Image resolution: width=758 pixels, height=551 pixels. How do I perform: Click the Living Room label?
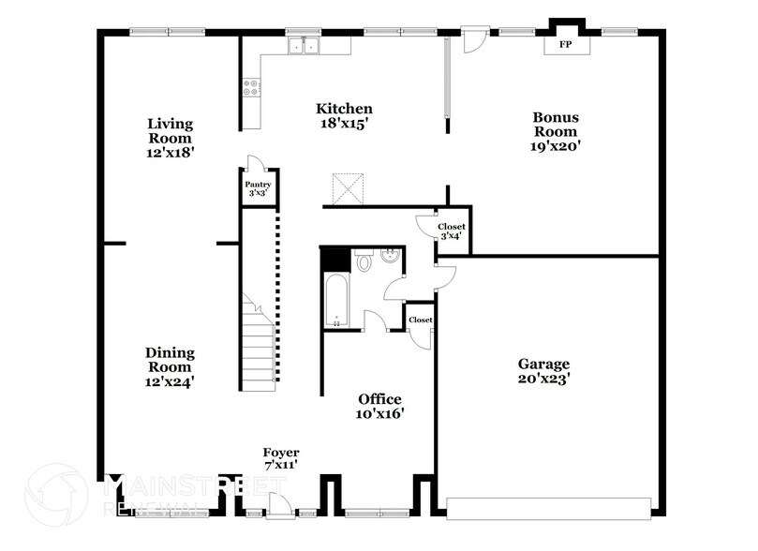pyautogui.click(x=170, y=137)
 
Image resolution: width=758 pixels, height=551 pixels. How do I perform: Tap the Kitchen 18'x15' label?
pyautogui.click(x=344, y=116)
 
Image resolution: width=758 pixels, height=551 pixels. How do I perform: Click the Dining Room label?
pyautogui.click(x=170, y=366)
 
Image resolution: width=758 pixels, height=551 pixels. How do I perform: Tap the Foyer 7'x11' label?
pyautogui.click(x=281, y=460)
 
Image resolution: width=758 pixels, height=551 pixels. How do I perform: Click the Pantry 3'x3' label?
pyautogui.click(x=258, y=188)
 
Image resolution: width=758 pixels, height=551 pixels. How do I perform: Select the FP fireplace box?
pyautogui.click(x=565, y=45)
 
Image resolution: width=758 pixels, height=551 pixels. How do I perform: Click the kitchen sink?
pyautogui.click(x=305, y=44)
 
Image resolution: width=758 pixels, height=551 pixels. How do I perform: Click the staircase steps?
pyautogui.click(x=257, y=347)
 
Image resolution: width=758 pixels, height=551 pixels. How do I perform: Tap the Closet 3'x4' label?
pyautogui.click(x=453, y=231)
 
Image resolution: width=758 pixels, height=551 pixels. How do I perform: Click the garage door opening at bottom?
pyautogui.click(x=548, y=507)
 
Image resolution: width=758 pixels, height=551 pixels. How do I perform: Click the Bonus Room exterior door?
pyautogui.click(x=475, y=38)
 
